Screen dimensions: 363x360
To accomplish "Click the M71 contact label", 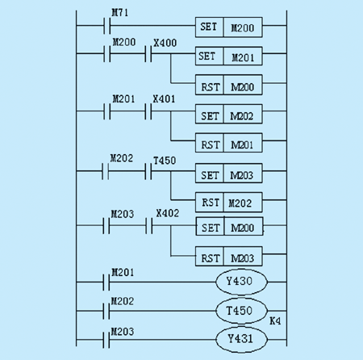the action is tap(120, 13).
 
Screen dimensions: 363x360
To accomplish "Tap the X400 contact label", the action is tap(165, 43).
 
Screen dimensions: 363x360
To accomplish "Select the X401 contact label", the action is tap(164, 99).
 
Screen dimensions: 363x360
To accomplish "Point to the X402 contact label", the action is tap(168, 213).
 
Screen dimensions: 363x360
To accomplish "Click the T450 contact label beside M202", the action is tap(165, 161).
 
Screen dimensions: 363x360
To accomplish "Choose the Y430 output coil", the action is tap(241, 282).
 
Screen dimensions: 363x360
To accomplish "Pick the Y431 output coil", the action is tap(241, 339).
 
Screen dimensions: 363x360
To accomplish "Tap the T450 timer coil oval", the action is tap(241, 311).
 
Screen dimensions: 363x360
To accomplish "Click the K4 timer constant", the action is tap(275, 321).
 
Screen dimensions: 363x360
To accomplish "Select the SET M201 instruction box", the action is tap(229, 56).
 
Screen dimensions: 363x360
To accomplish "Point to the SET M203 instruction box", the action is tap(229, 174).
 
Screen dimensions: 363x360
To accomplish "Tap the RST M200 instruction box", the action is tap(229, 85).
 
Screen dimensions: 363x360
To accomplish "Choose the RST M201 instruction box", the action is tap(229, 143).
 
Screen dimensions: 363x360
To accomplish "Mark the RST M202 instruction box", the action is tap(229, 202).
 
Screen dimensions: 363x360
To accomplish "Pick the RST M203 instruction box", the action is tap(229, 257).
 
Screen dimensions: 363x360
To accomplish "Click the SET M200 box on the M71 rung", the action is tap(229, 27).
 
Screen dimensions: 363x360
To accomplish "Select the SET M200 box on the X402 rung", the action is tap(229, 226).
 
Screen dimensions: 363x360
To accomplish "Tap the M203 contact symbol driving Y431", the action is tap(106, 340).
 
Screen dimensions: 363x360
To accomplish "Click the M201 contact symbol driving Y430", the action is tap(106, 282).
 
